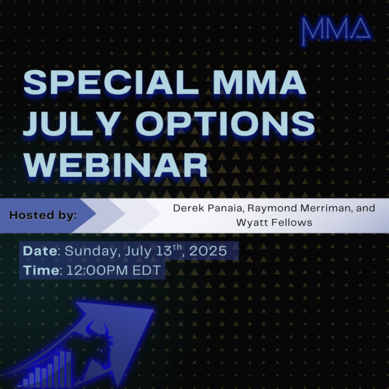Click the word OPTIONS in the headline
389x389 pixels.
pos(225,124)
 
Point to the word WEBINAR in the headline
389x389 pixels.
pos(115,165)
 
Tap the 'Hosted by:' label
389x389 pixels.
pos(43,215)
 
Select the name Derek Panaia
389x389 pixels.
pos(209,208)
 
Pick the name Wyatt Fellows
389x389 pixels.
pos(274,222)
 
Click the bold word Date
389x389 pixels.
pos(40,251)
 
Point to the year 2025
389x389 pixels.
pos(208,251)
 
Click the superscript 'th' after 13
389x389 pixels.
pos(178,248)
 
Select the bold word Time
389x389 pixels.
pos(41,270)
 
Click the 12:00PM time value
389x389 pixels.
pos(97,270)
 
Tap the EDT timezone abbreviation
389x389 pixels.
pos(147,270)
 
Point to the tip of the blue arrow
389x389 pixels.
pos(153,309)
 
